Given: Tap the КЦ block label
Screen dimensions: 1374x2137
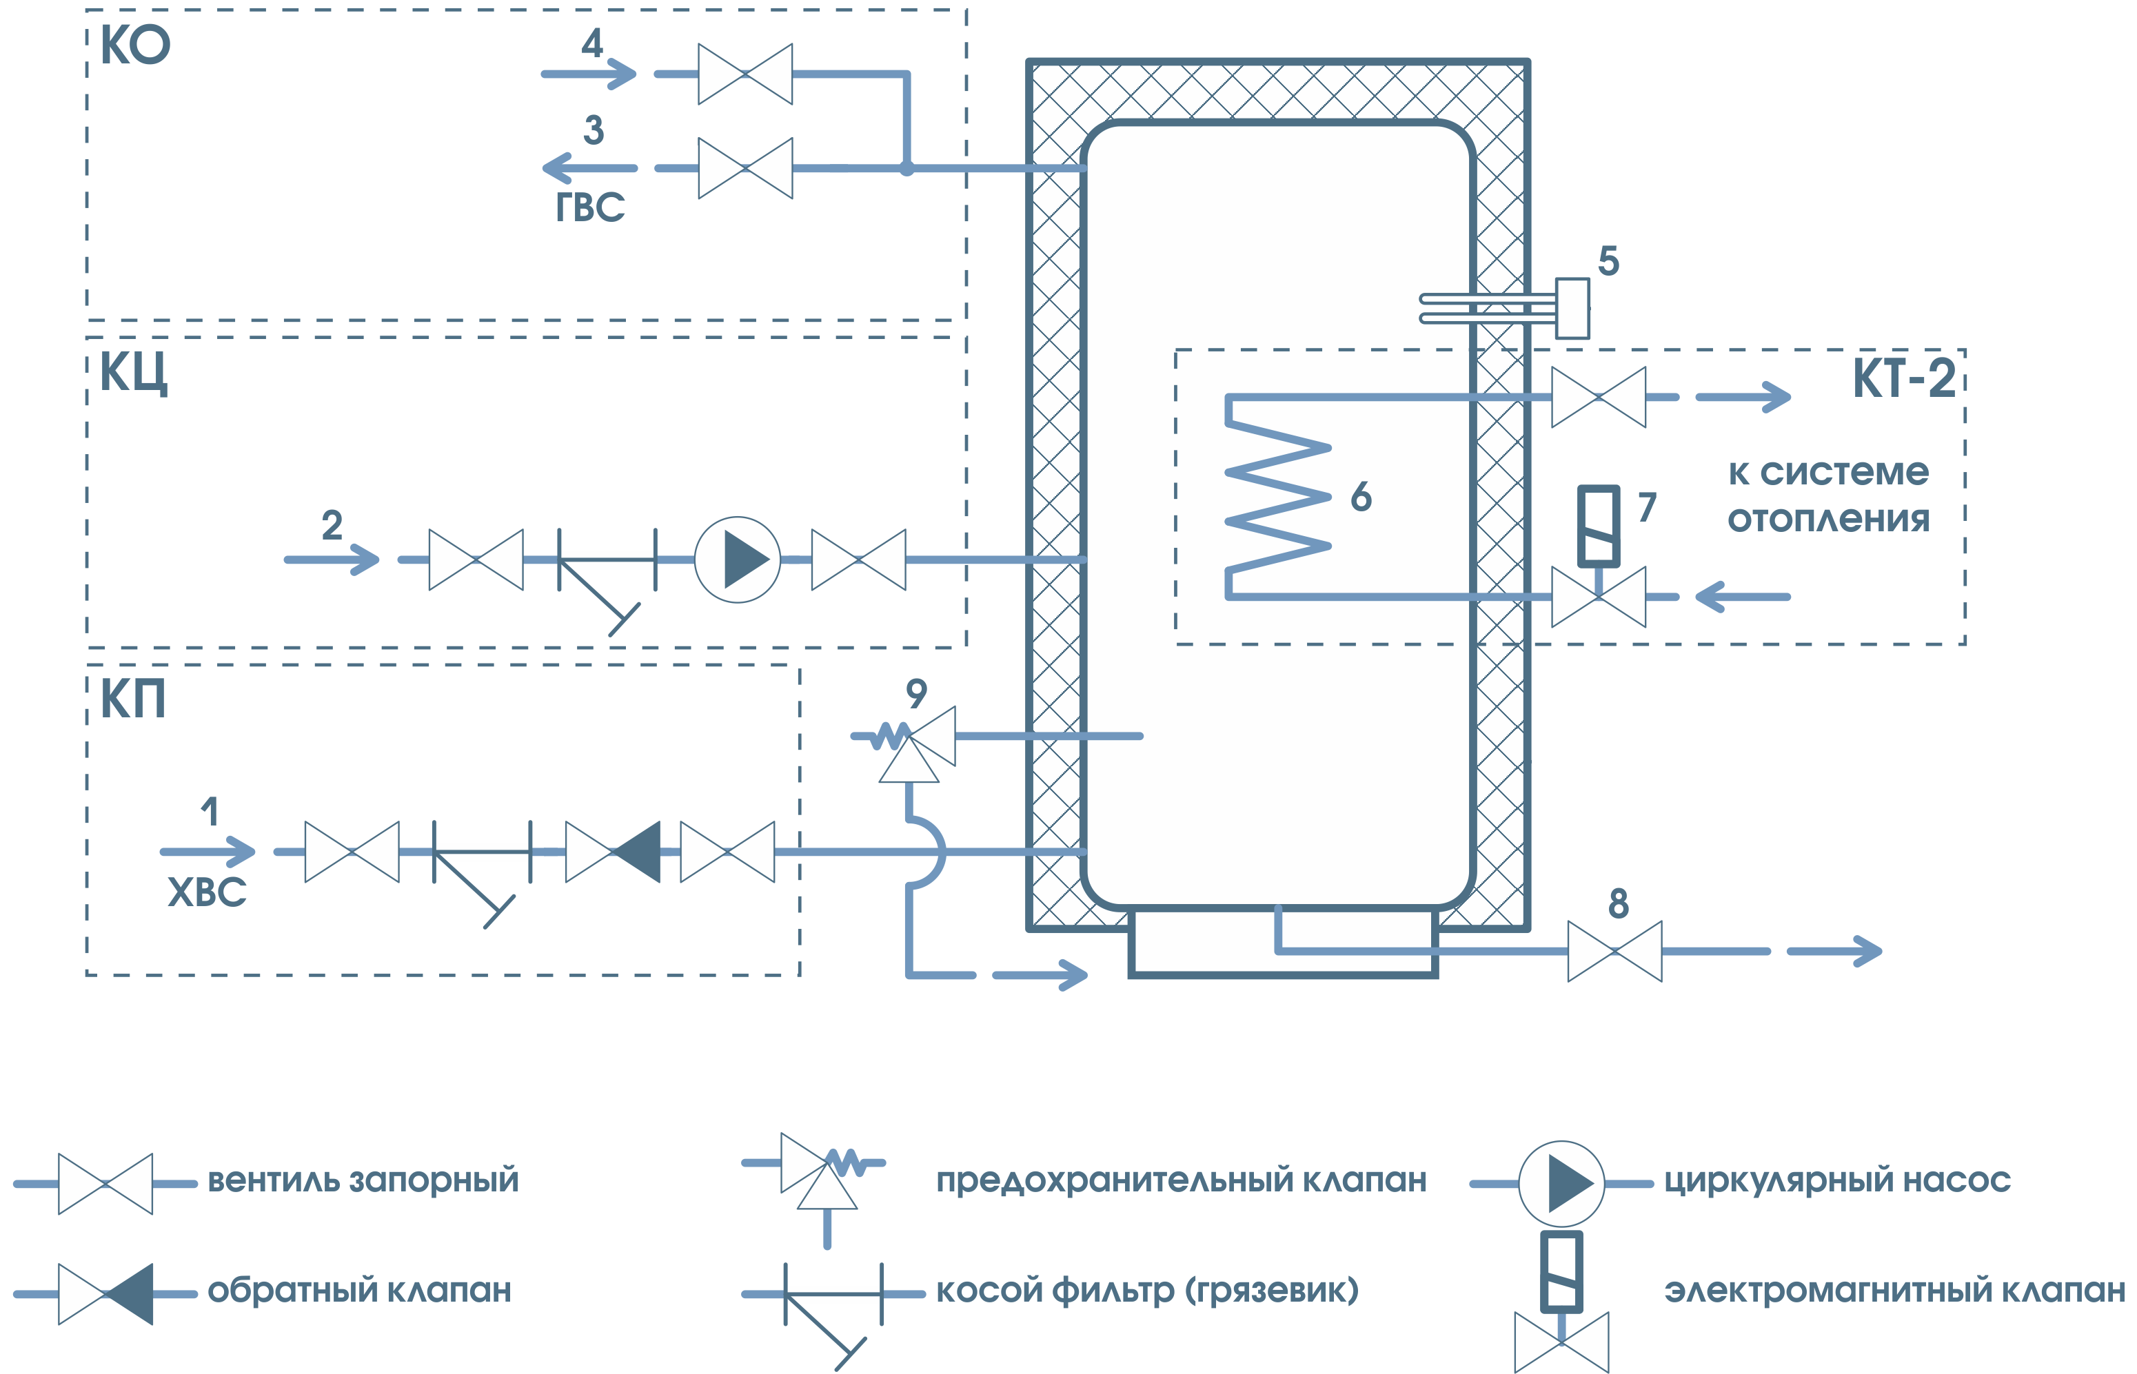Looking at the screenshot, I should point(133,372).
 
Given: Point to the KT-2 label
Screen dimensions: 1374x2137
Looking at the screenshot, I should point(1904,378).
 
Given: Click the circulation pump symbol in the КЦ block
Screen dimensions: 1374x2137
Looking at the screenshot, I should point(738,560).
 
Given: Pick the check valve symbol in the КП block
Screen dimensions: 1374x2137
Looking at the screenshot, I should point(614,852).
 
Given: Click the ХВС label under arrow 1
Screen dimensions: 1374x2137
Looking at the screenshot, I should point(207,892).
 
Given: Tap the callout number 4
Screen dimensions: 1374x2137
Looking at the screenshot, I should point(592,43).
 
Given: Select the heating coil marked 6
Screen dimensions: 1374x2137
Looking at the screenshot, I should point(1278,496).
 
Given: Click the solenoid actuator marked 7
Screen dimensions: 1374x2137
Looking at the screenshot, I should point(1598,526).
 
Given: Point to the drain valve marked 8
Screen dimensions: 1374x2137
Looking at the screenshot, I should point(1614,951).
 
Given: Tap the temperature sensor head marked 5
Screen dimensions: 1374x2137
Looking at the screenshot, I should point(1572,309).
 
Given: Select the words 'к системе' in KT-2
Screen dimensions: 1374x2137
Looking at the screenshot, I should point(1828,472).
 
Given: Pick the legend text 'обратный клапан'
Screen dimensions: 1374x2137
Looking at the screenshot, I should point(359,1290).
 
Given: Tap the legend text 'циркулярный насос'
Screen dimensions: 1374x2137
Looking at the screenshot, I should point(1837,1180).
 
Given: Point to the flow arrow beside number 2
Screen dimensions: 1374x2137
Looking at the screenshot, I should point(332,560).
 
